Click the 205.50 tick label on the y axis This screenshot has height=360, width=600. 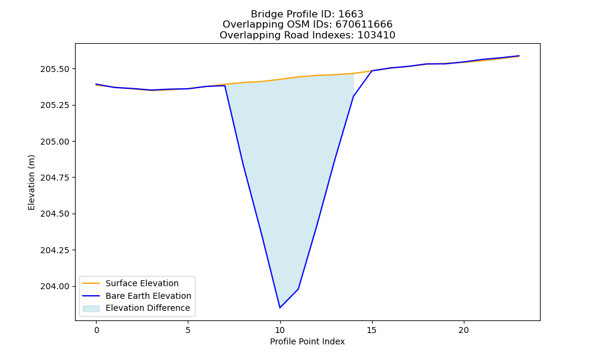coord(55,69)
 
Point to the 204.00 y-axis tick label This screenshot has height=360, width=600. coord(55,287)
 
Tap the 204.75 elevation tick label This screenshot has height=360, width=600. coord(55,178)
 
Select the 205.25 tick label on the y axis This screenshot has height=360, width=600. coord(55,105)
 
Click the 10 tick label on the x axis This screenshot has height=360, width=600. coord(280,330)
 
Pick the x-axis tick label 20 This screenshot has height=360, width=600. coord(464,330)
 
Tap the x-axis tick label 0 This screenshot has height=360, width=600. coord(97,330)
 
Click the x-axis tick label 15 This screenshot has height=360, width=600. coord(372,330)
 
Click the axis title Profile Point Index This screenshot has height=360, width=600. coord(307,341)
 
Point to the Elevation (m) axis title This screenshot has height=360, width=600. coord(31,182)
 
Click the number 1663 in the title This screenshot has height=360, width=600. coord(351,14)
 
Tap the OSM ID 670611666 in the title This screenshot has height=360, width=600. coord(364,25)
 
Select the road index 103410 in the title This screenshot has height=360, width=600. coord(376,35)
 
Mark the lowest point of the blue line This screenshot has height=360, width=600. coord(280,308)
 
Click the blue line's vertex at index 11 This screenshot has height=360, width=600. coord(298,289)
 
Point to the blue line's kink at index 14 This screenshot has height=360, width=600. coord(353,97)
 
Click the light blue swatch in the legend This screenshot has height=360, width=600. coord(91,308)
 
